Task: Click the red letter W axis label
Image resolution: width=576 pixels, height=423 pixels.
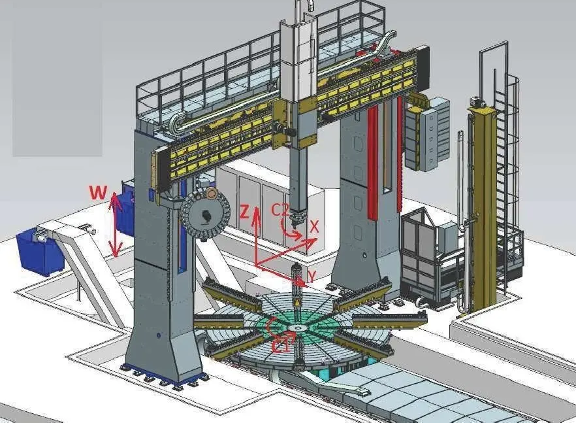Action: click(x=99, y=192)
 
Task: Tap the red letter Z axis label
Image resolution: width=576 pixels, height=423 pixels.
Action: click(x=244, y=212)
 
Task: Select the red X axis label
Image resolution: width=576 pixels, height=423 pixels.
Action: click(x=313, y=227)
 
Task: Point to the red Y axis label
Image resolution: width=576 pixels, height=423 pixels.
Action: click(x=312, y=277)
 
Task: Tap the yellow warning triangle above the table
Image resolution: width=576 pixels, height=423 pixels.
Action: click(x=296, y=303)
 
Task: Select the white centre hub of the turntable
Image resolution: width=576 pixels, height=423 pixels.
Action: click(x=296, y=328)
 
